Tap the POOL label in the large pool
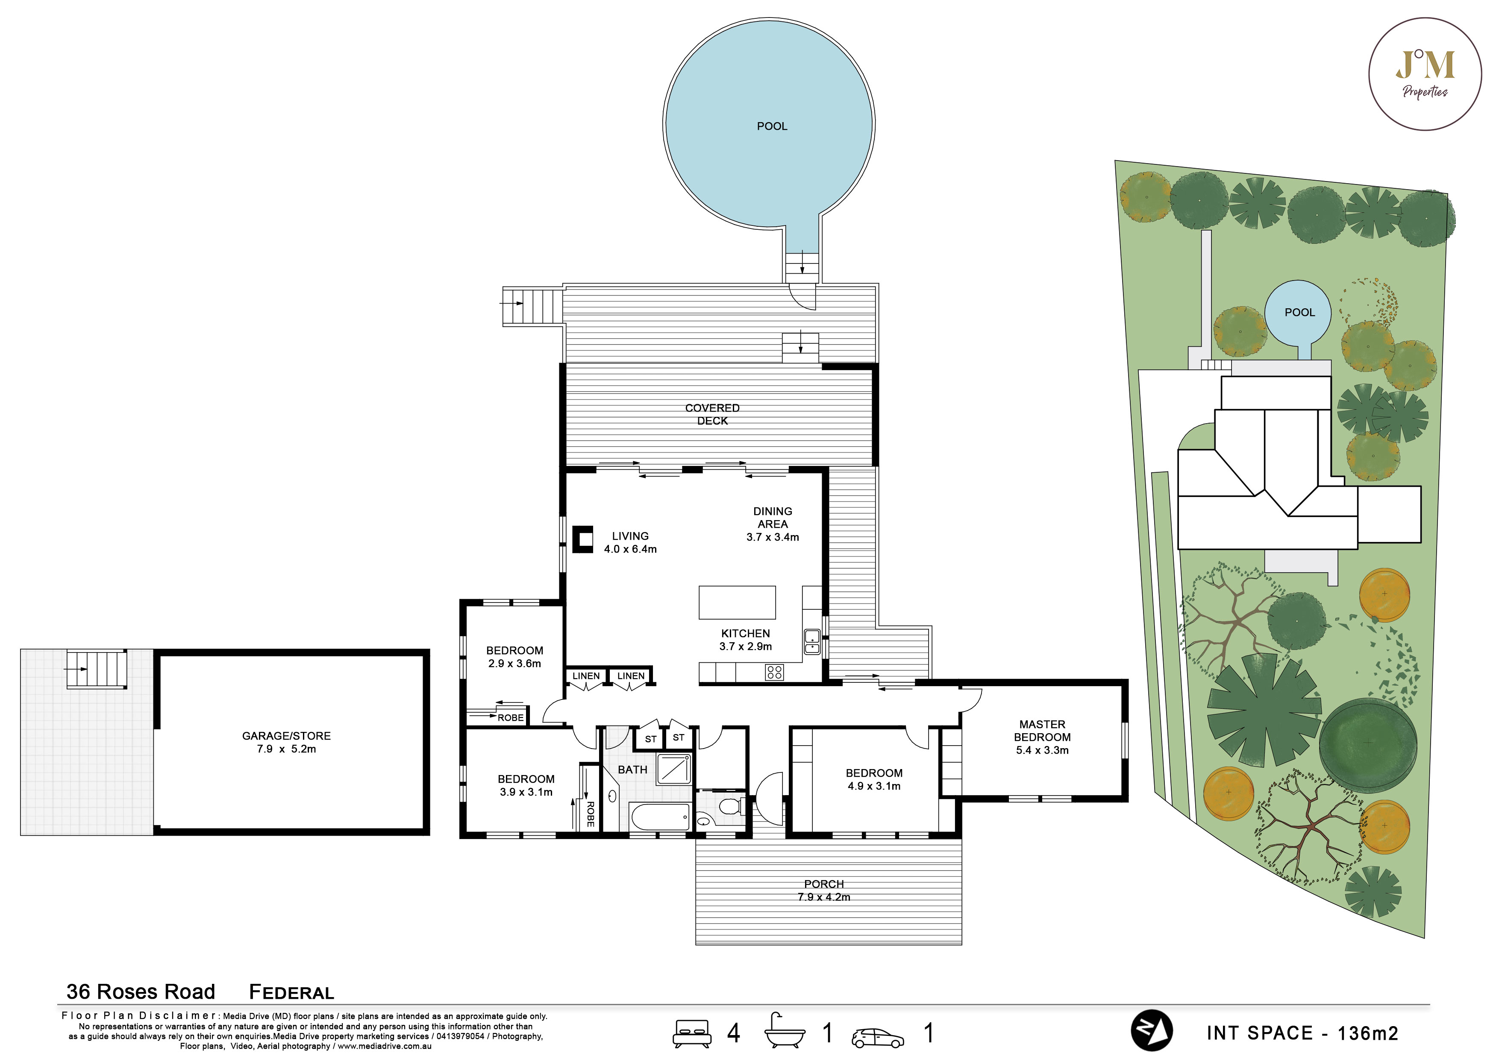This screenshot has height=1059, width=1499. pyautogui.click(x=772, y=126)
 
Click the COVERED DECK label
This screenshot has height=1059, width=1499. pyautogui.click(x=712, y=414)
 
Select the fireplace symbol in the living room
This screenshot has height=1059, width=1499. pyautogui.click(x=583, y=540)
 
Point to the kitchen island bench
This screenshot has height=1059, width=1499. pyautogui.click(x=737, y=602)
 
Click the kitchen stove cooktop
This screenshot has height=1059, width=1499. pyautogui.click(x=774, y=672)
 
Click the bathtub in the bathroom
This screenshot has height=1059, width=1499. pyautogui.click(x=659, y=816)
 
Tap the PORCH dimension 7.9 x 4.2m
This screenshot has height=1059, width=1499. pyautogui.click(x=824, y=897)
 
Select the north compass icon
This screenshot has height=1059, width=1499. pyautogui.click(x=1151, y=1031)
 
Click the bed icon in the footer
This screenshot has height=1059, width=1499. pyautogui.click(x=692, y=1033)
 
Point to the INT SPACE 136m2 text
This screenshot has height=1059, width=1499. pyautogui.click(x=1302, y=1033)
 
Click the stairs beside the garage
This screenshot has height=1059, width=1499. pyautogui.click(x=97, y=669)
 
